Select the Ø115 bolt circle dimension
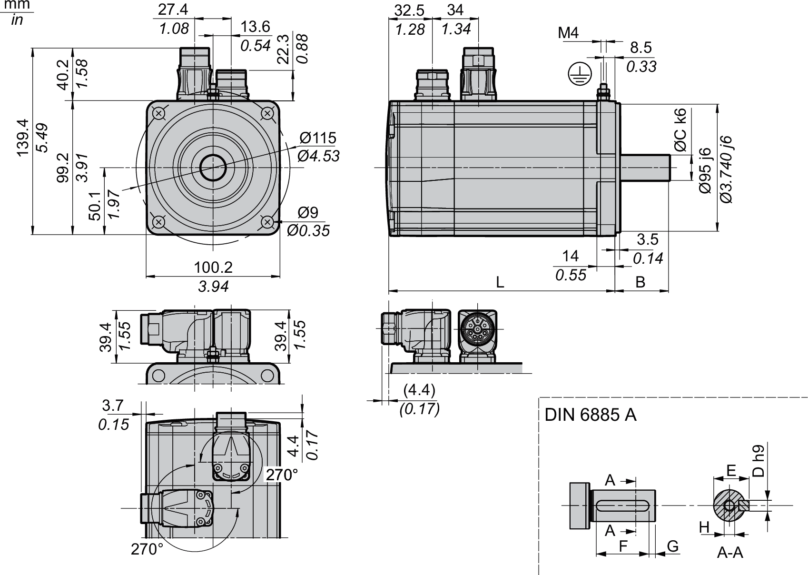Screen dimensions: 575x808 pos(317,138)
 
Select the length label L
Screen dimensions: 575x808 pos(500,282)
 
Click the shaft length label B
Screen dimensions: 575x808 pos(640,282)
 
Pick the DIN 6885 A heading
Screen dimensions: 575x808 pos(590,415)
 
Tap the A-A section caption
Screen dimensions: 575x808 pos(730,552)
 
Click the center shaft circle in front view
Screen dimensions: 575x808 pos(213,167)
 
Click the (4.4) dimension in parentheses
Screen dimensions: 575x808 pos(419,390)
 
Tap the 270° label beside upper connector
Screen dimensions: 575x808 pos(282,474)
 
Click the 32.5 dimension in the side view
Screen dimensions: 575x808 pos(410,10)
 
